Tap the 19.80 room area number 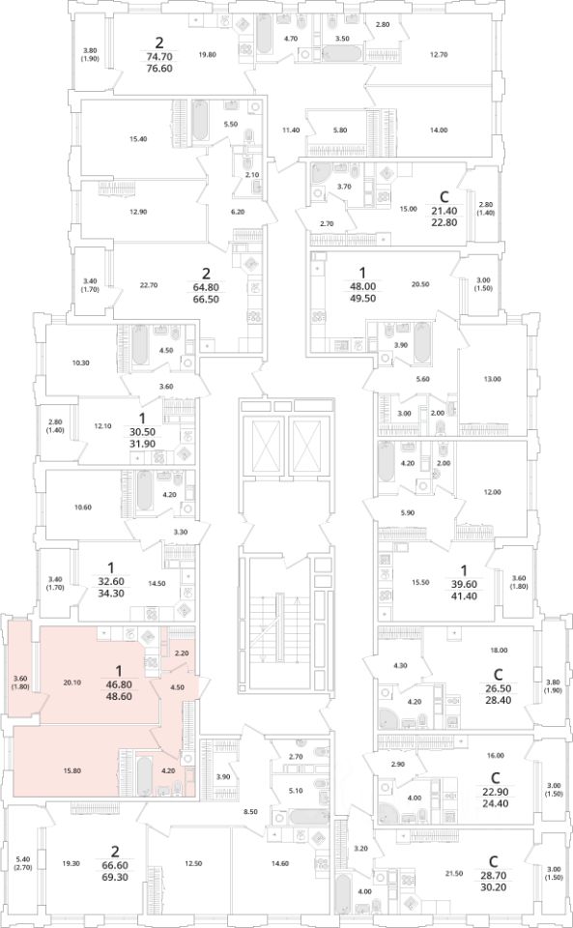coord(208,55)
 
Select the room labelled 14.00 coord(439,130)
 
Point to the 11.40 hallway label coord(291,130)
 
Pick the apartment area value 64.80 coord(206,287)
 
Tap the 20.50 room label coord(419,284)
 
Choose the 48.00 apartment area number coord(363,286)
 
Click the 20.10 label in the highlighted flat coord(72,682)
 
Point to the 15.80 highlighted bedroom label coord(72,770)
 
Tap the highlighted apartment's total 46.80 coord(119,683)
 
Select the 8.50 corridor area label coord(250,811)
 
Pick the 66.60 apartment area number coord(115,865)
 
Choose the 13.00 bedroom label coord(492,379)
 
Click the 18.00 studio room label coord(499,650)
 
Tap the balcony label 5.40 coord(23,859)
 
